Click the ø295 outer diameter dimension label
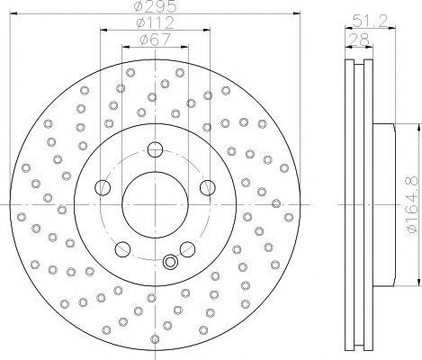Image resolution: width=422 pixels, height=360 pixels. pyautogui.click(x=156, y=5)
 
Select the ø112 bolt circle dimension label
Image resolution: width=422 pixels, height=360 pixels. pyautogui.click(x=155, y=22)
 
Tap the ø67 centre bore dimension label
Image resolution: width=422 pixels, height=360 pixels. pyautogui.click(x=155, y=40)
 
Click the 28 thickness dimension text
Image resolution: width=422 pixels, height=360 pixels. pyautogui.click(x=359, y=40)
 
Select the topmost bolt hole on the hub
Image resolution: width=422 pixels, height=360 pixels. pyautogui.click(x=155, y=149)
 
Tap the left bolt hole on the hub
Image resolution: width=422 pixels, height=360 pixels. pyautogui.click(x=103, y=187)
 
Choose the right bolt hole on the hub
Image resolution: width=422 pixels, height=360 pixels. pyautogui.click(x=208, y=187)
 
